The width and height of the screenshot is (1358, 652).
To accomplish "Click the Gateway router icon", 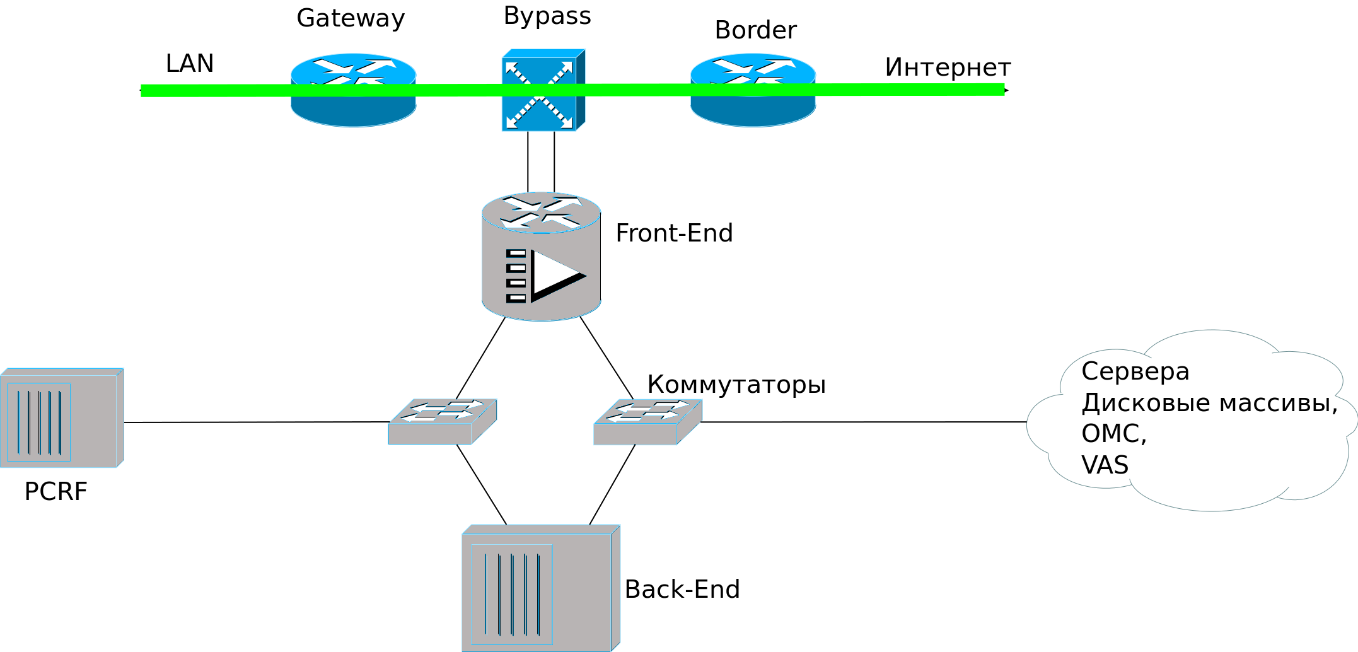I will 354,90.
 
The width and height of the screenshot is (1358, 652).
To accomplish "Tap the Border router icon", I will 753,90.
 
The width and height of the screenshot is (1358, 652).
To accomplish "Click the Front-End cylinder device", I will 541,257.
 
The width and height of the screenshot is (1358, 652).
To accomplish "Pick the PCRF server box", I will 62,418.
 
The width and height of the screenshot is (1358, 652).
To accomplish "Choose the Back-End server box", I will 541,588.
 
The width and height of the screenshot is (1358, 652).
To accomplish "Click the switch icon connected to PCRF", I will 443,421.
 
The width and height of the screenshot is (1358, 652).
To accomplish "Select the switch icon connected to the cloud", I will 647,421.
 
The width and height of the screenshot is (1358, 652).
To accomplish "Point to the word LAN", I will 189,64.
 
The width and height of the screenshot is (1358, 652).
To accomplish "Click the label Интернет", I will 947,67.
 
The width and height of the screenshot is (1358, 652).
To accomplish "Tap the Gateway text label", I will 351,18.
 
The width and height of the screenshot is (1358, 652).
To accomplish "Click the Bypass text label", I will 547,16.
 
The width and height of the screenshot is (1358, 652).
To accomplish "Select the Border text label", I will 755,30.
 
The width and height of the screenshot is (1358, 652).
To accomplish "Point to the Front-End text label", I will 674,233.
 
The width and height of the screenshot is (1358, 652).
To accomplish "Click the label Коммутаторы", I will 736,384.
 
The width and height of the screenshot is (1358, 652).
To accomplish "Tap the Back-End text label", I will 682,590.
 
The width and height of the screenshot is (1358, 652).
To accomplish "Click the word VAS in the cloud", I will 1105,465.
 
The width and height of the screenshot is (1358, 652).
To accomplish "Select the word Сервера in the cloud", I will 1135,371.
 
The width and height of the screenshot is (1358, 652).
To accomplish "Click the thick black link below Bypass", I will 541,161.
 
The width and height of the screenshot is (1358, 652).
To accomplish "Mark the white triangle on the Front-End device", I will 554,274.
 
